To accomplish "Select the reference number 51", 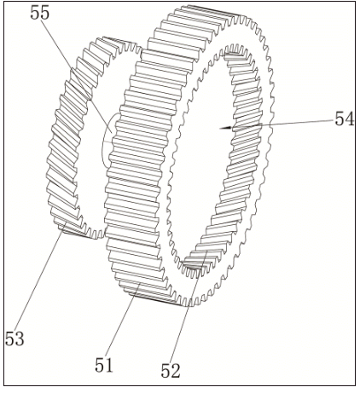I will [x=104, y=365].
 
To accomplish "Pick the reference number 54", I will [x=344, y=119].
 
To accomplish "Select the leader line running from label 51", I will [x=121, y=324].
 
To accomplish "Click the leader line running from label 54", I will [x=282, y=124].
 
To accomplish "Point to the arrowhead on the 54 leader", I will [x=224, y=128].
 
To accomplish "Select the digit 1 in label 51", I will [x=109, y=365].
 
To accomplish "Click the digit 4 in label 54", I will [x=349, y=119].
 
